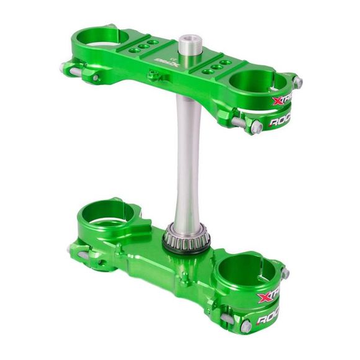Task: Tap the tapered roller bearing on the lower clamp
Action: click(x=186, y=239)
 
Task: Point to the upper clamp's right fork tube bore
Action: click(x=255, y=82)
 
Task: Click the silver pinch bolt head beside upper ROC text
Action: click(x=256, y=127)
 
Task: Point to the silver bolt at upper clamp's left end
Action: click(x=65, y=68)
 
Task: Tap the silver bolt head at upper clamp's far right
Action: click(x=298, y=81)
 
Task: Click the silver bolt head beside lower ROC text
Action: click(x=246, y=326)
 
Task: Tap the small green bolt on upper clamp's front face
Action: click(x=153, y=76)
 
